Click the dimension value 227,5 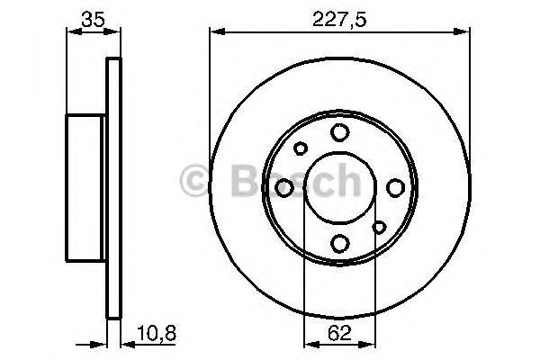(340, 18)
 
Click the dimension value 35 (89, 18)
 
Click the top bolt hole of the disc (339, 133)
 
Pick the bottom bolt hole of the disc (339, 242)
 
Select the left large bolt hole (284, 187)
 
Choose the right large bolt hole (395, 187)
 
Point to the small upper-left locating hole (301, 148)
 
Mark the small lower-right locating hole (379, 227)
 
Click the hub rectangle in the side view (87, 187)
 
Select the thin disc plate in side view (113, 187)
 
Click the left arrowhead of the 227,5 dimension (214, 33)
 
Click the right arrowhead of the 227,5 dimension (465, 33)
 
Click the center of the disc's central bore (339, 187)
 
